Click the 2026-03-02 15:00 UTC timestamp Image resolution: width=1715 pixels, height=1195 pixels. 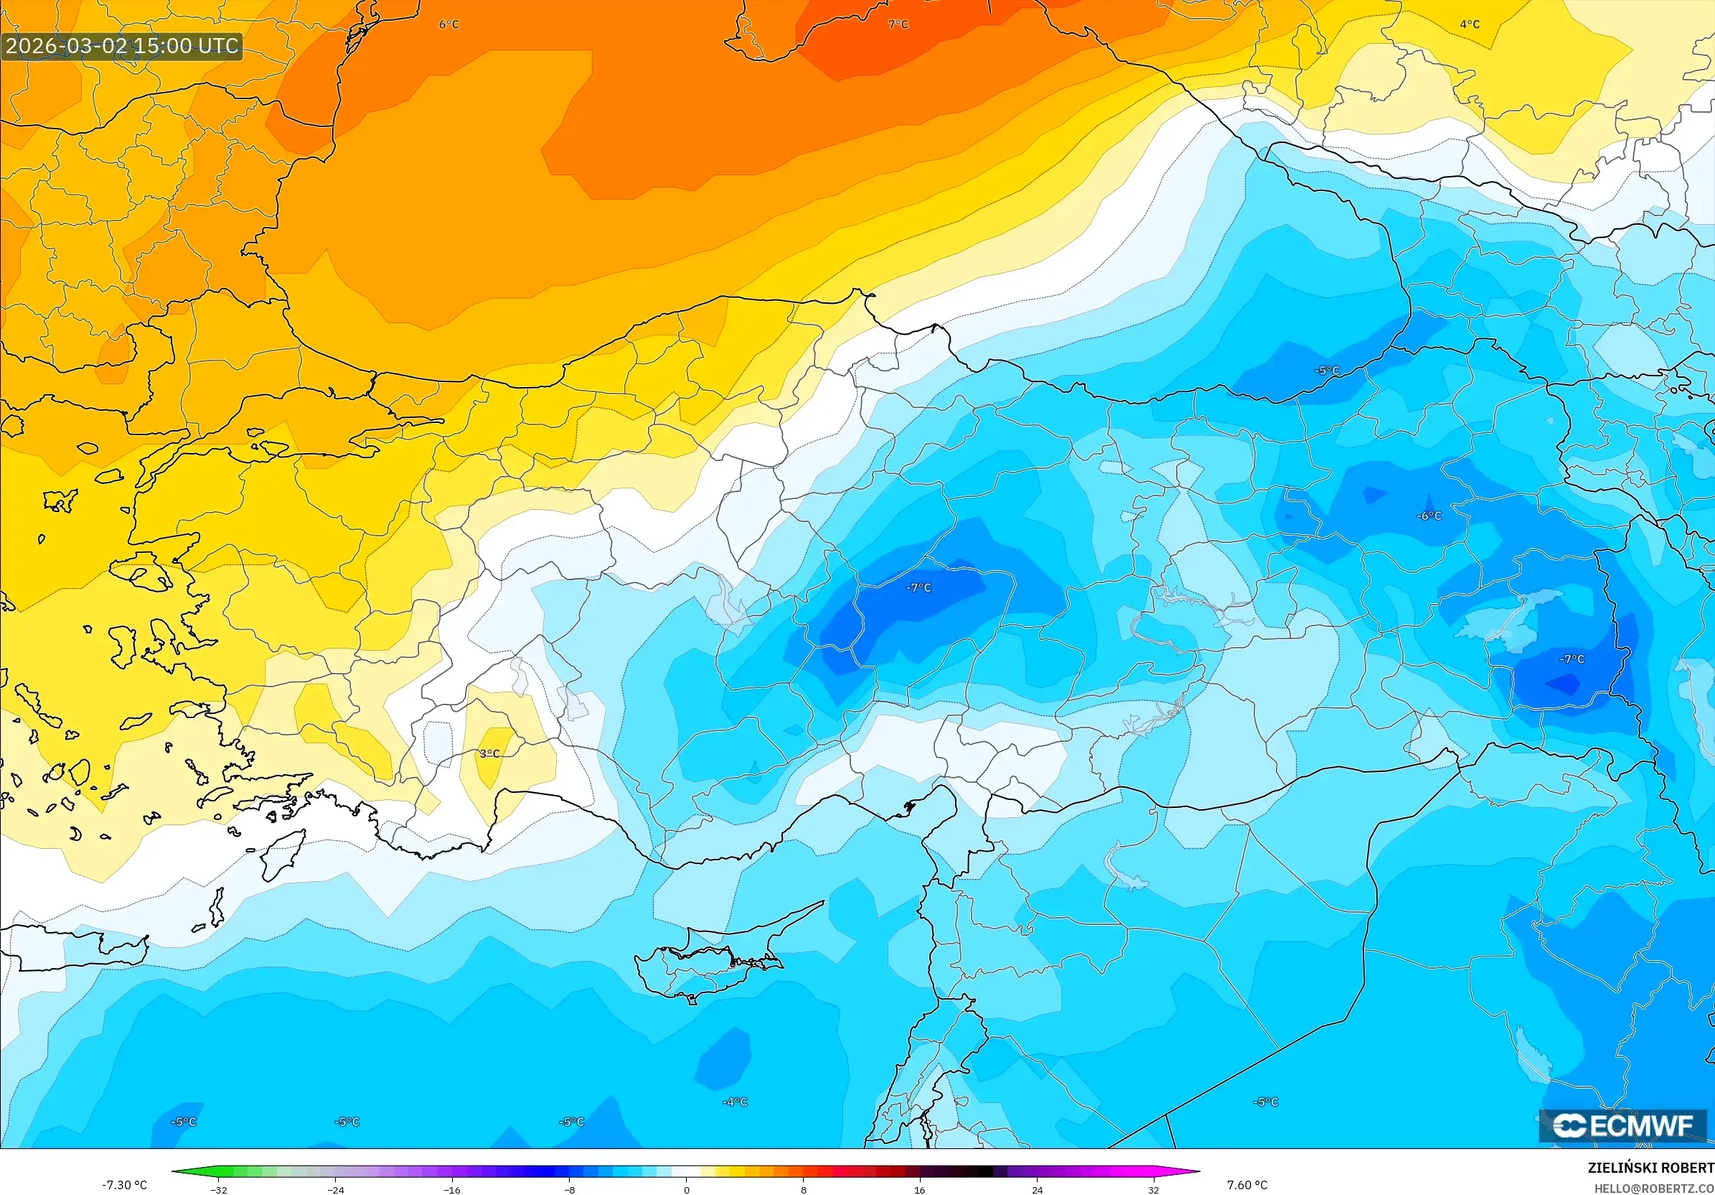pos(122,45)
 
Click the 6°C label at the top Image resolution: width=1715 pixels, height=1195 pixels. pos(449,24)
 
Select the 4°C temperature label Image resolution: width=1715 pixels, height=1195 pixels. pos(1470,24)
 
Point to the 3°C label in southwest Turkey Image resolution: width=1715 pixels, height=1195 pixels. pos(489,753)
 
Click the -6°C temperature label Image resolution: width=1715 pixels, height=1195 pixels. pos(1429,516)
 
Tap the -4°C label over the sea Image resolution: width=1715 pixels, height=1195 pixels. pos(734,1102)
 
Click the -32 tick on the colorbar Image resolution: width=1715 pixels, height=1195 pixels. pos(219,1190)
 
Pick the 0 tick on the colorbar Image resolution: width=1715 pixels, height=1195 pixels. pos(687,1190)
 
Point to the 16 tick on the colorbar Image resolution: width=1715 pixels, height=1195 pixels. pos(919,1190)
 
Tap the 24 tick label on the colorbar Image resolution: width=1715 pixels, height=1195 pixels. pos(1037,1190)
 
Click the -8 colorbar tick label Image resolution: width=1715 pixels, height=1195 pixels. pos(569,1190)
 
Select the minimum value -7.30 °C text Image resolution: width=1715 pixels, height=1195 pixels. pos(125,1184)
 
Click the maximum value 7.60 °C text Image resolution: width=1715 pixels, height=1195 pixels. pos(1246,1184)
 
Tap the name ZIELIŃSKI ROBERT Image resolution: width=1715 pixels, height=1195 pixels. pos(1650,1167)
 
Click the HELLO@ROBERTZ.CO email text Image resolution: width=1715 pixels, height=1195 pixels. pos(1654,1188)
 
